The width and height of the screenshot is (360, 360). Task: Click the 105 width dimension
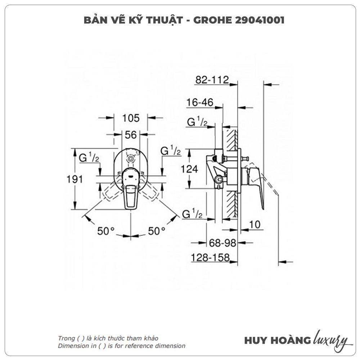click(131, 118)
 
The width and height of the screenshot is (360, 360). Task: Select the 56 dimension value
click(131, 135)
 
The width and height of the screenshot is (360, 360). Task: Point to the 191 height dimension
click(75, 179)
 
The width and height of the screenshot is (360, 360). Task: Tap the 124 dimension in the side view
click(189, 169)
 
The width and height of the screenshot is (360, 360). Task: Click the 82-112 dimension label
click(212, 80)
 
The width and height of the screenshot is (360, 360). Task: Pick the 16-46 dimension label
click(200, 102)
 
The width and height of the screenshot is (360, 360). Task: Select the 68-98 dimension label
click(222, 243)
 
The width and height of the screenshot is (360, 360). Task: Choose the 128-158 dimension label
click(210, 257)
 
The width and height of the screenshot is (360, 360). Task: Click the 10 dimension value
click(255, 225)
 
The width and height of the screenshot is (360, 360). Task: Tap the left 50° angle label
click(106, 231)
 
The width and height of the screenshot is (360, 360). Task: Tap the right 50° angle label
click(157, 231)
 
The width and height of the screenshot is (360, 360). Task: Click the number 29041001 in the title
click(260, 20)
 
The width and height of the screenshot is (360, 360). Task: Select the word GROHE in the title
click(213, 20)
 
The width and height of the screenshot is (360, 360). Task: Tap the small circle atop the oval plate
click(131, 158)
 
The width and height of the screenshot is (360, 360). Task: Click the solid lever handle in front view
click(131, 189)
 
